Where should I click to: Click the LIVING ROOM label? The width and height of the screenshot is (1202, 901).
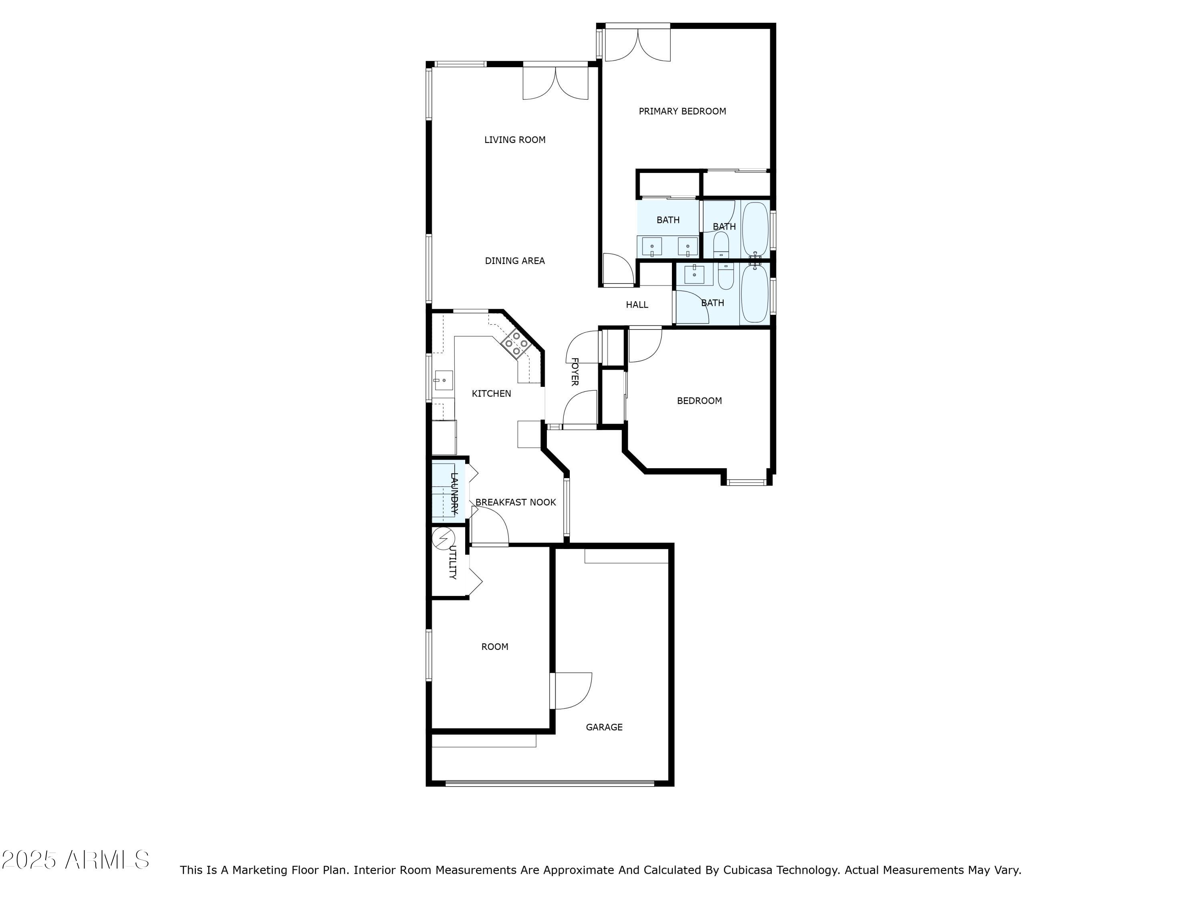click(x=514, y=140)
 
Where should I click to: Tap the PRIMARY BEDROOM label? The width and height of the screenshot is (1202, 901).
click(x=682, y=111)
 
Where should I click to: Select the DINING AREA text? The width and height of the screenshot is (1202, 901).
click(x=514, y=261)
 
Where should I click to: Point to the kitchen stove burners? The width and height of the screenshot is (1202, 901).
click(x=514, y=343)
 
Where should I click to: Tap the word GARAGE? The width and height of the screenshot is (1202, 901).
click(x=604, y=727)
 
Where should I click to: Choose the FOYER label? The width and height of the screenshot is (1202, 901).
click(x=575, y=372)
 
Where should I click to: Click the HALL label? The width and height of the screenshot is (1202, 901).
click(x=637, y=305)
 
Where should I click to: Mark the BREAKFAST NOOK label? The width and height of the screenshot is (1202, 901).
click(x=516, y=503)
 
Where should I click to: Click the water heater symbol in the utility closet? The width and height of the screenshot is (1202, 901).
click(x=443, y=538)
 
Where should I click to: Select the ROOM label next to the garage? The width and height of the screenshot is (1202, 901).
click(x=494, y=647)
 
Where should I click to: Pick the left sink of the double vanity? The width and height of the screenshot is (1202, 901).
click(x=651, y=247)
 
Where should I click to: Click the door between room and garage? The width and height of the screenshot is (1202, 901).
click(x=571, y=691)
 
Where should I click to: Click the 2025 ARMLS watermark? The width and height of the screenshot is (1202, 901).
click(x=76, y=860)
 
